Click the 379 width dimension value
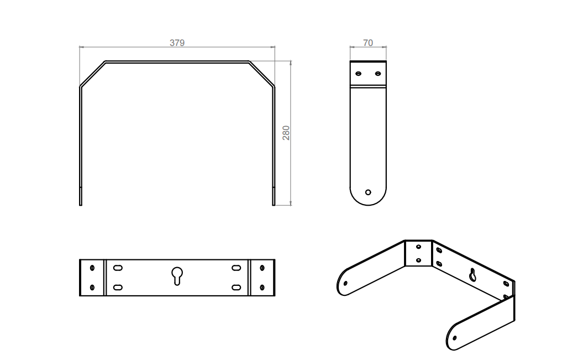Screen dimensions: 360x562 click(x=177, y=43)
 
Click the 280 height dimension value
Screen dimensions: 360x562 click(x=286, y=133)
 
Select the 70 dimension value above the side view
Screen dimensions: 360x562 click(x=367, y=43)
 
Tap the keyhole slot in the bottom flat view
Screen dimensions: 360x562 click(x=177, y=275)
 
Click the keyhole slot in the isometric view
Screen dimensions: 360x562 click(x=473, y=274)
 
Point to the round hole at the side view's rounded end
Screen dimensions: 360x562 click(x=368, y=192)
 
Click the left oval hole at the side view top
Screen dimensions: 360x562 click(x=359, y=73)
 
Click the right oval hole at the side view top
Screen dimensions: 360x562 click(x=377, y=73)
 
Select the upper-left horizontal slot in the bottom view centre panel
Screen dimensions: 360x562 click(x=118, y=268)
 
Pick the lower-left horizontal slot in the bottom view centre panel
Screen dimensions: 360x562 click(x=118, y=287)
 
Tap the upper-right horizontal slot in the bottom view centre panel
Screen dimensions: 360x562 click(x=236, y=268)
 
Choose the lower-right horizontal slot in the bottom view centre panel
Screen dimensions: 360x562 click(x=236, y=287)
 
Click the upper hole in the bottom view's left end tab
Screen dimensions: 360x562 click(x=92, y=268)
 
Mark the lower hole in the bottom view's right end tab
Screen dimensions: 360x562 click(x=261, y=287)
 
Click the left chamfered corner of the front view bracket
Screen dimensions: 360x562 click(x=93, y=74)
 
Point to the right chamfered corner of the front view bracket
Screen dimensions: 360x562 click(x=261, y=74)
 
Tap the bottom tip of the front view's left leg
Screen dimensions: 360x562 click(x=81, y=205)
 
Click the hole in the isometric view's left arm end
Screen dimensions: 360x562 click(x=346, y=283)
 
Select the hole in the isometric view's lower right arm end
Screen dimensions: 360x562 click(x=455, y=337)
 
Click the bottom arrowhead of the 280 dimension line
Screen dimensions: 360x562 click(x=291, y=203)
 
